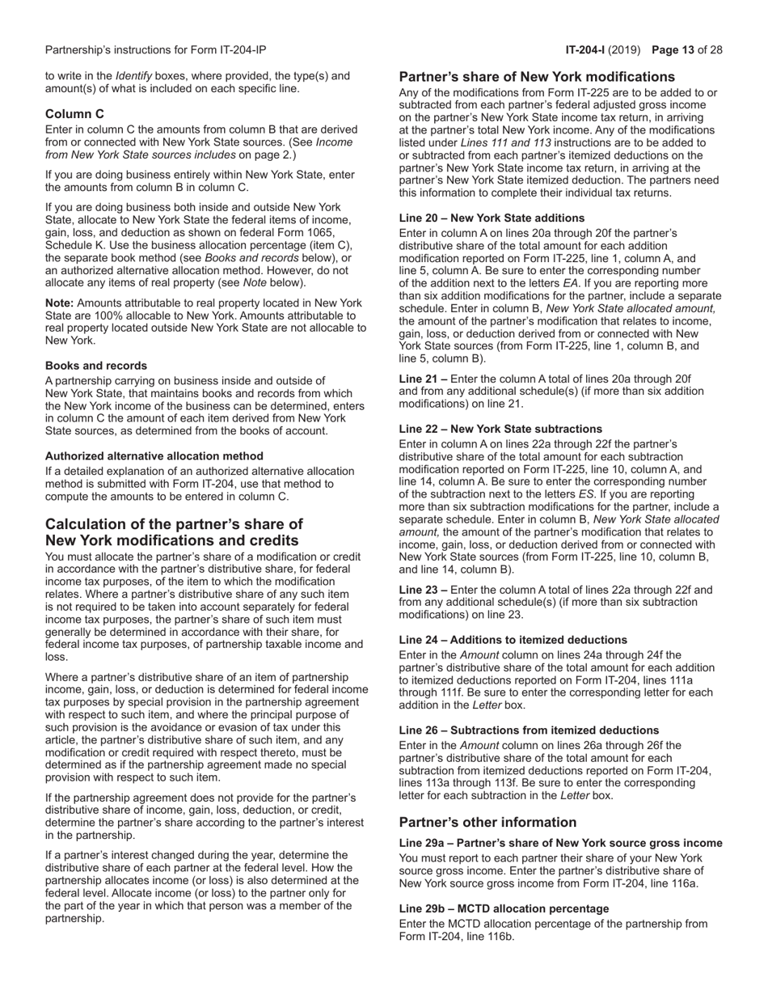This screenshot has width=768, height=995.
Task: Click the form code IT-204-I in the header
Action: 588,50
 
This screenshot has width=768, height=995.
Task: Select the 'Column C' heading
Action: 74,114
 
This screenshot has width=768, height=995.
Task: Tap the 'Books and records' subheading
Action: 96,366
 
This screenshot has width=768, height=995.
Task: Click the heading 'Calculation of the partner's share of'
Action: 174,524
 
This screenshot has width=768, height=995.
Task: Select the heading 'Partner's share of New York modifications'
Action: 537,77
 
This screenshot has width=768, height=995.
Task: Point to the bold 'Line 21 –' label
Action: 423,379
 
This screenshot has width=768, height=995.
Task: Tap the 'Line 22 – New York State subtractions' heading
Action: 500,429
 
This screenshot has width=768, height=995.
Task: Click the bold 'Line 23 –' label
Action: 423,590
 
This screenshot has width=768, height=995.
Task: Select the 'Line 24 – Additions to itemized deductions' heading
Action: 513,640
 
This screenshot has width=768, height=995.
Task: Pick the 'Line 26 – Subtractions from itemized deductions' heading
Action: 529,730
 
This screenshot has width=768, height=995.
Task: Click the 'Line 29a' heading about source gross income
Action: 561,844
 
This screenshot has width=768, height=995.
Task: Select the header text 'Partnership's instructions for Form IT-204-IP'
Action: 155,50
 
